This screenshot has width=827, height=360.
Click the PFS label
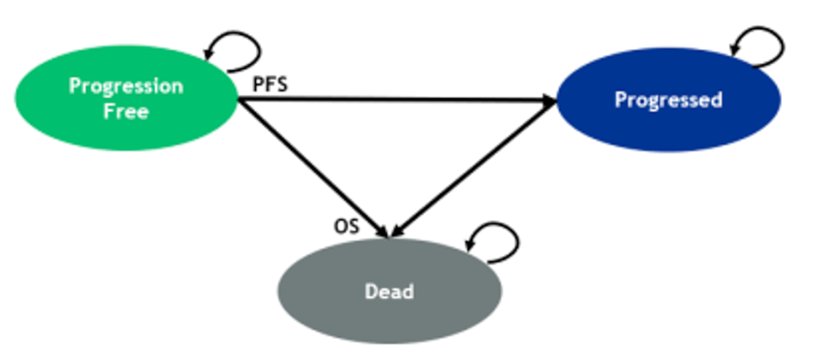[270, 84]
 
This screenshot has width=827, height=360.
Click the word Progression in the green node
[126, 86]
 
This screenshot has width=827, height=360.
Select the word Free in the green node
[126, 111]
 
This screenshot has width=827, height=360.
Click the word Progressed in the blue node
[669, 100]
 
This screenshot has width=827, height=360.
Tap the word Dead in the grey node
[389, 292]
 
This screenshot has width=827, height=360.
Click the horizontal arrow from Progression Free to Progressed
[395, 100]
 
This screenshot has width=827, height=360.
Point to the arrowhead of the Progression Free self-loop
[208, 54]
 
